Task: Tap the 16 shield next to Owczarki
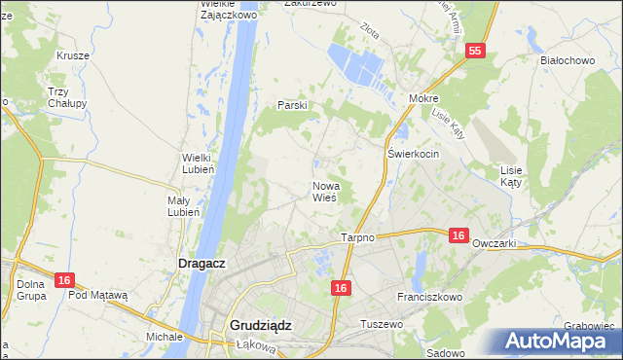point(459,234)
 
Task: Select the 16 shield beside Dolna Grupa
point(64,280)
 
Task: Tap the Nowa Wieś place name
point(324,191)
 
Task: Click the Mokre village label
point(424,99)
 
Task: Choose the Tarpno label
point(358,237)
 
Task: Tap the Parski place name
point(292,105)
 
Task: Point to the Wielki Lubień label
point(204,162)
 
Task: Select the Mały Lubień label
point(183,205)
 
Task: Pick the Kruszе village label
point(73,55)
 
